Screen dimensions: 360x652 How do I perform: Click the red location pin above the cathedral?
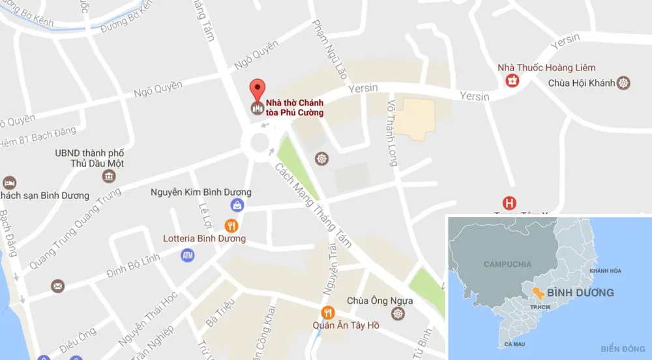click(x=258, y=89)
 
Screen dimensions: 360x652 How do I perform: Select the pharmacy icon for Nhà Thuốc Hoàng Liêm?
click(x=513, y=81)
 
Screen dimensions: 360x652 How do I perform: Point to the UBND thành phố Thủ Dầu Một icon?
click(x=109, y=176)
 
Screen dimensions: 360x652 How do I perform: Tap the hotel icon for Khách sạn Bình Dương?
click(x=9, y=182)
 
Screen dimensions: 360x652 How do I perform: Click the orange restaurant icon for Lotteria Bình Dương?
click(x=231, y=226)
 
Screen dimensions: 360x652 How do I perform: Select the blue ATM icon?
click(x=188, y=255)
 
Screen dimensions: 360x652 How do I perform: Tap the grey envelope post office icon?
click(x=58, y=285)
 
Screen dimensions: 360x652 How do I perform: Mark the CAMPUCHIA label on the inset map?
click(x=507, y=264)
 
